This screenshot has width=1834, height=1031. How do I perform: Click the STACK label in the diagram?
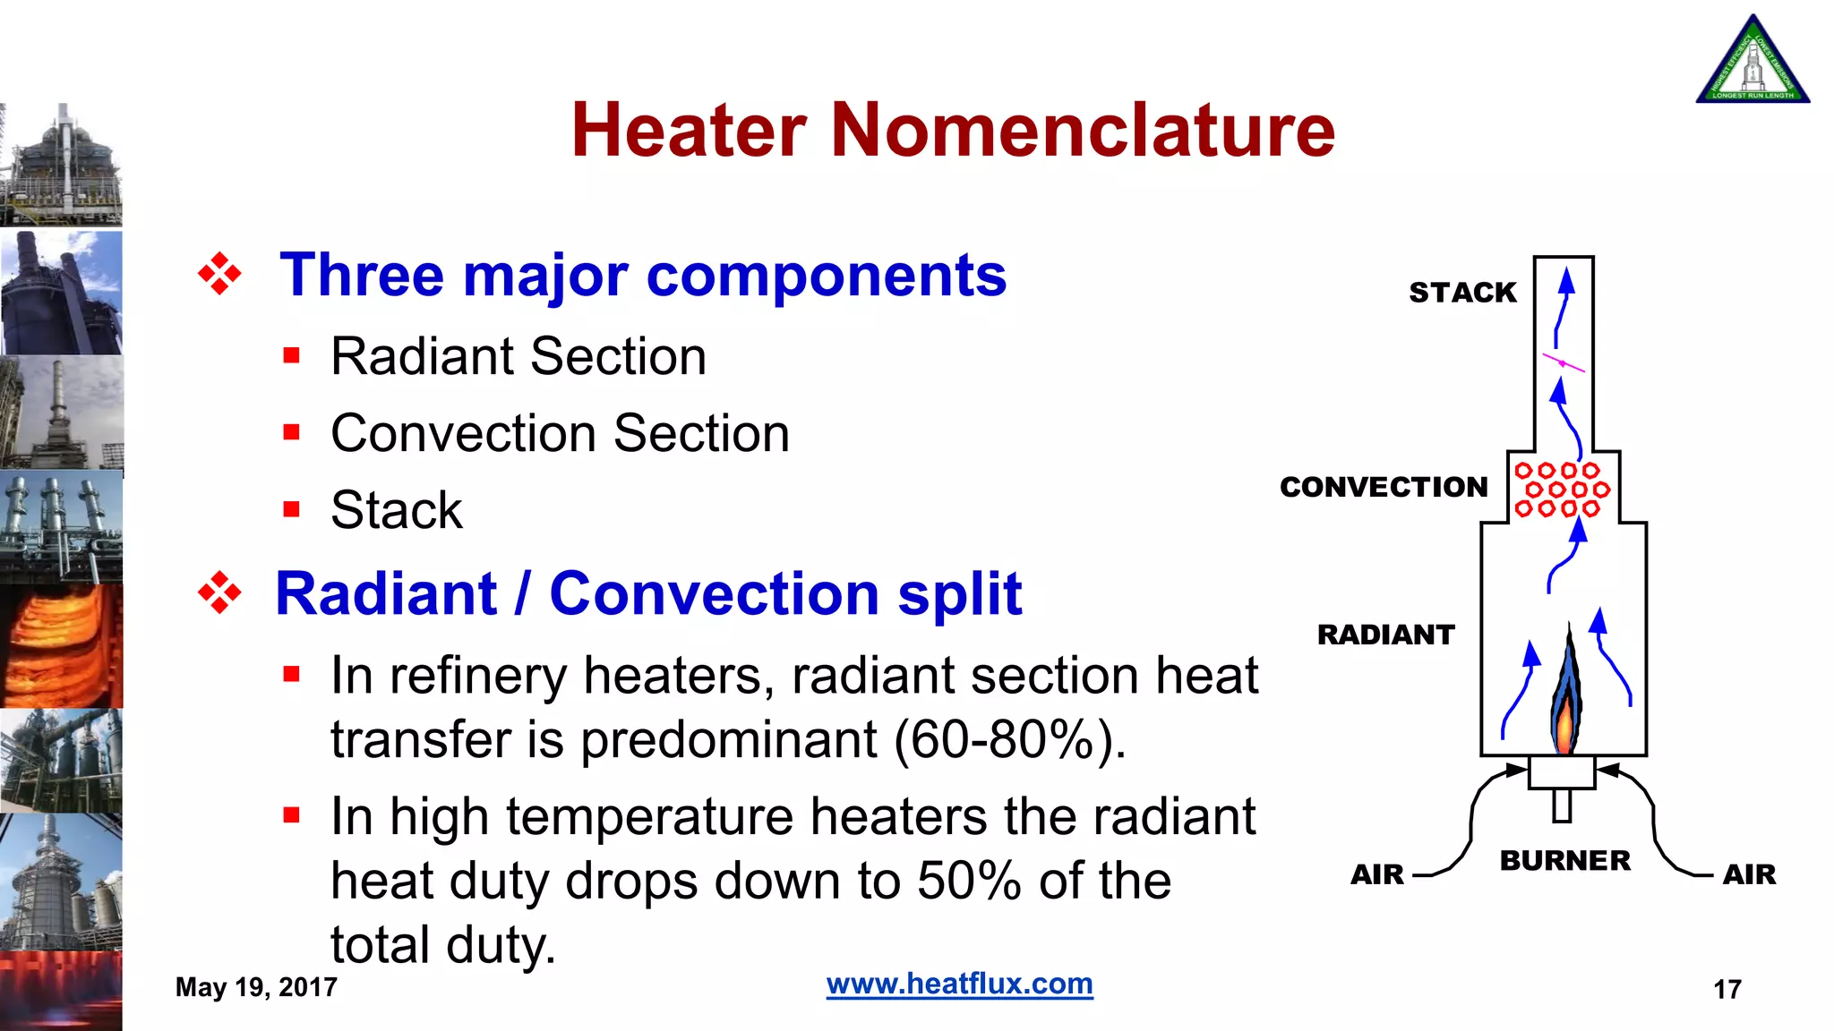click(1462, 293)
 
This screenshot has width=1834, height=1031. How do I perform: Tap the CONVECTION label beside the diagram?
click(1384, 487)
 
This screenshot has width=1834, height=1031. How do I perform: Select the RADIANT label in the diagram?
click(1385, 635)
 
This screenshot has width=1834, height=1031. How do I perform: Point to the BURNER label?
click(1564, 860)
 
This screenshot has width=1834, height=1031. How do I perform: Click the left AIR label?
click(1377, 874)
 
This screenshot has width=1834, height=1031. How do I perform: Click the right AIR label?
click(1749, 874)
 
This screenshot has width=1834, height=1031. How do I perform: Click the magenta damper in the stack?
click(1563, 362)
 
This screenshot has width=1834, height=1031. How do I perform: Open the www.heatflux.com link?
click(959, 984)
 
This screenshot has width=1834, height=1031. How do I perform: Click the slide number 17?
click(1727, 989)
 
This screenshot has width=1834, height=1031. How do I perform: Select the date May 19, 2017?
click(256, 987)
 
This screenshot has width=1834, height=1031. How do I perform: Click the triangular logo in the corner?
click(1753, 61)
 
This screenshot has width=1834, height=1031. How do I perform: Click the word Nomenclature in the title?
click(1083, 130)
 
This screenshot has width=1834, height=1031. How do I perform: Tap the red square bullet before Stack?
click(291, 510)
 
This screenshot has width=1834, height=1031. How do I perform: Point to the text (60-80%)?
click(1009, 740)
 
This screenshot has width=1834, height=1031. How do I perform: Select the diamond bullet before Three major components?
click(219, 274)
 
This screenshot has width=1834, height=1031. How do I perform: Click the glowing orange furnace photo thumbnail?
click(61, 646)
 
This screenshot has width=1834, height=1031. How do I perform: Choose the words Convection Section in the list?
click(560, 433)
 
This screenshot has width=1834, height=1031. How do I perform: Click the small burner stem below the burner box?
click(1562, 805)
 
